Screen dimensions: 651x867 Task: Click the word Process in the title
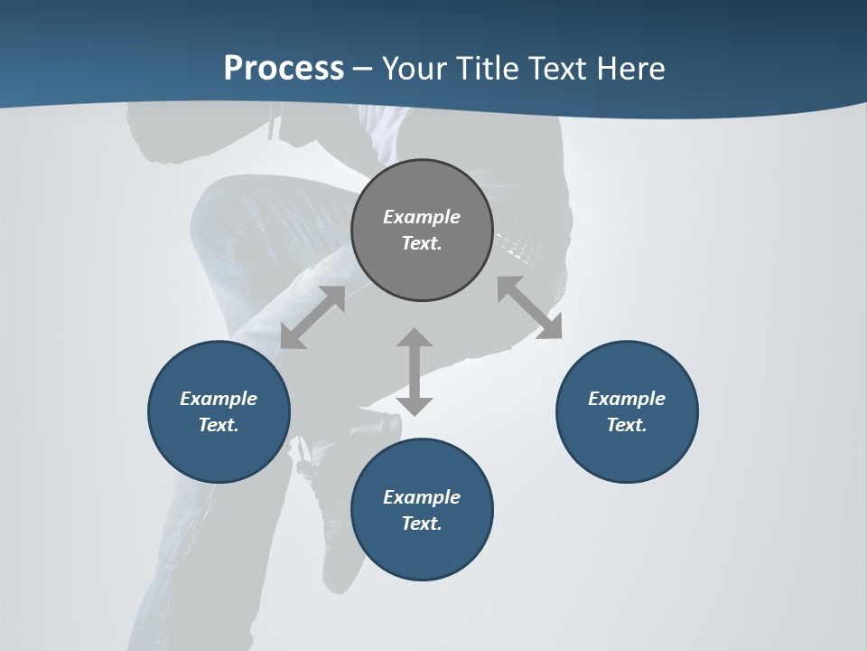(284, 69)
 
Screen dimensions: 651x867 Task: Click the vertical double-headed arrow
(415, 372)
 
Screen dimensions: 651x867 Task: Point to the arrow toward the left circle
(312, 317)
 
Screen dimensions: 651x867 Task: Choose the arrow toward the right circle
(530, 307)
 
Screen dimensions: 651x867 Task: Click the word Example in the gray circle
(422, 217)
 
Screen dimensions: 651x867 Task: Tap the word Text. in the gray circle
(422, 243)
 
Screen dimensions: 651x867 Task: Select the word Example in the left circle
(219, 399)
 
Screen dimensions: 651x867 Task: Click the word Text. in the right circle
(627, 425)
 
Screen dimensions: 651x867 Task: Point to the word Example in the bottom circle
(422, 497)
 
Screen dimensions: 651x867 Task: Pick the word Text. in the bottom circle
(422, 524)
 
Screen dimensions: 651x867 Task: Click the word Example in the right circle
(627, 399)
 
